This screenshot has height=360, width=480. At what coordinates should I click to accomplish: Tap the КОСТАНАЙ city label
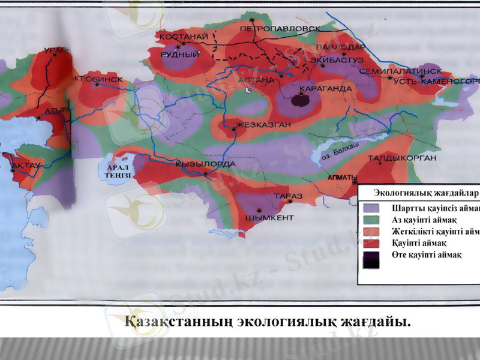click(184, 37)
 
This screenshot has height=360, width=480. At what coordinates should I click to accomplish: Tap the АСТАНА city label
click(256, 79)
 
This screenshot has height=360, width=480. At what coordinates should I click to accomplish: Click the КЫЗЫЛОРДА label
click(201, 164)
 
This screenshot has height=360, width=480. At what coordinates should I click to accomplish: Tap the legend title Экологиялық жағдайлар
click(425, 193)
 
